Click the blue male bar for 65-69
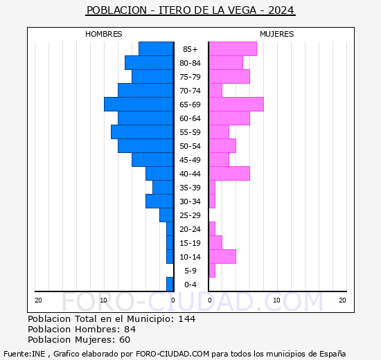point(139,105)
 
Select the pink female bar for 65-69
point(236,105)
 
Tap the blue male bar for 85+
point(156,49)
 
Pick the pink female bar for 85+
point(232,49)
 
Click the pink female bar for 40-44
point(229,174)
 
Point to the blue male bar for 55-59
point(142,132)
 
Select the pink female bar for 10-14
point(222,257)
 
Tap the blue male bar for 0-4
point(170,285)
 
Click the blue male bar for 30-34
point(159,201)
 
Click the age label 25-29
point(190,215)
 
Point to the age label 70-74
point(190,91)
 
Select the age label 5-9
point(190,271)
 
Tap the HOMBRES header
point(104,34)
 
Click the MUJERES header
point(276,34)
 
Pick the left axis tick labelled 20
point(39,300)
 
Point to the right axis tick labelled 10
point(276,300)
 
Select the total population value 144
point(187,319)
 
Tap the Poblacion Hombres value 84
point(129,330)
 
